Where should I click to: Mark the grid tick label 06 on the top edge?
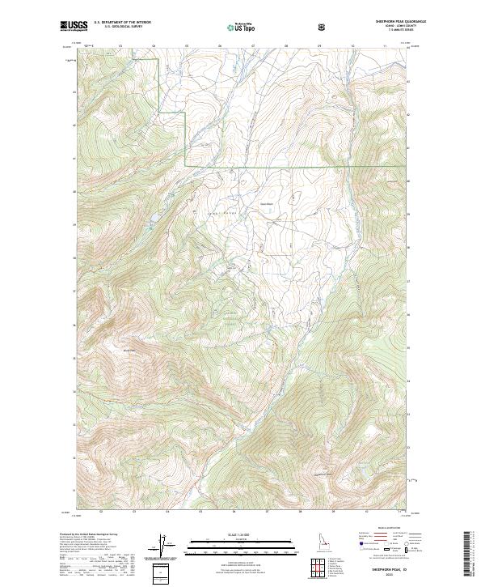[x=220, y=46]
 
